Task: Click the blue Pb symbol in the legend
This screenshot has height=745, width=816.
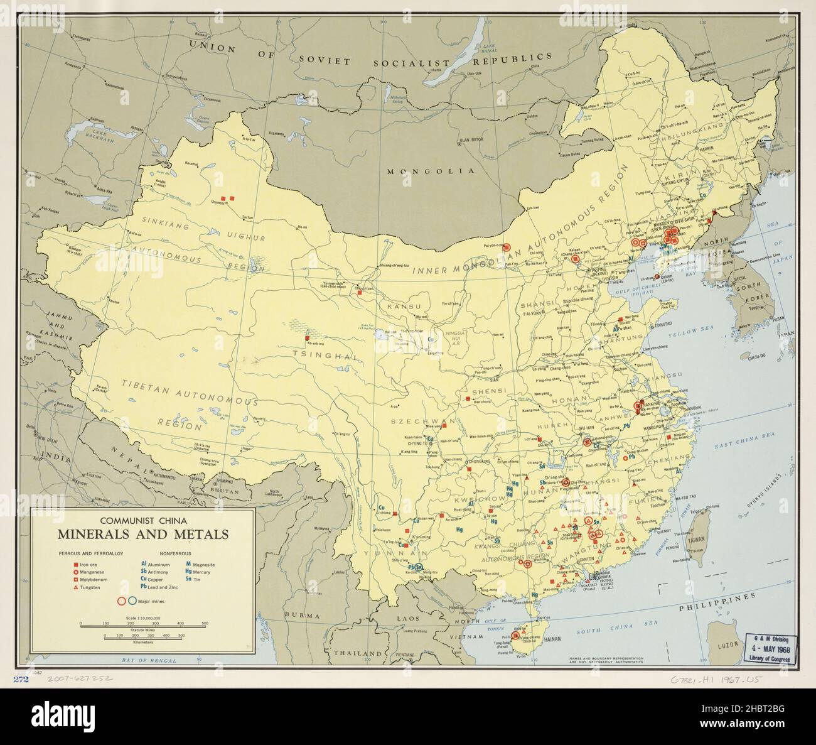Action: coord(144,587)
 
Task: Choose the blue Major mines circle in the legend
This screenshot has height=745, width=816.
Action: coord(132,601)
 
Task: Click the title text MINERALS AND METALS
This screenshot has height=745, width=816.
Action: coord(143,535)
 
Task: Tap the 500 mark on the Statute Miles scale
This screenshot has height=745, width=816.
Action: coord(205,623)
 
